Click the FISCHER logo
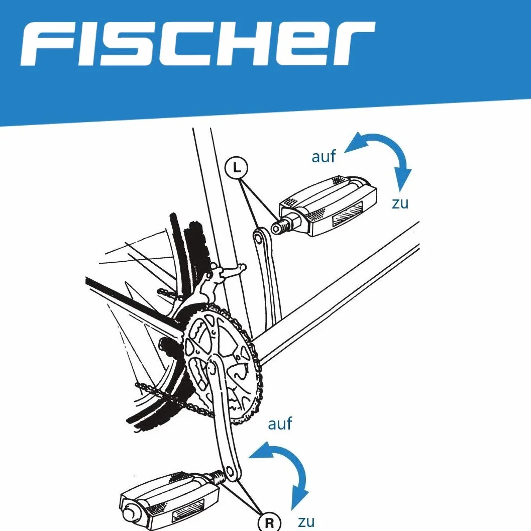197,44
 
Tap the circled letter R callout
269,522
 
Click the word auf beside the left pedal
324,156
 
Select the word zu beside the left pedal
400,203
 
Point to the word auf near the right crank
280,423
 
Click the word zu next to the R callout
306,522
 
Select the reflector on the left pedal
348,213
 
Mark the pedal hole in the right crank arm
229,472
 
